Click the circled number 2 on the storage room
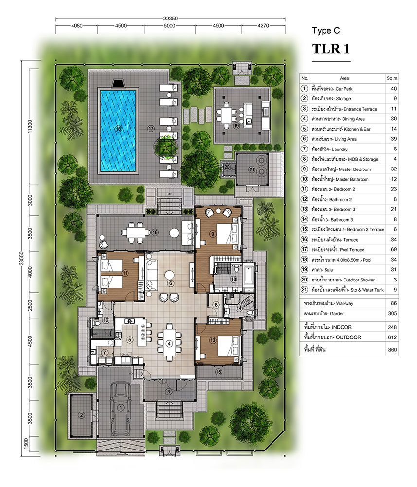click(81, 415)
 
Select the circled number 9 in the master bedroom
click(213, 234)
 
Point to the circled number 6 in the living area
click(170, 283)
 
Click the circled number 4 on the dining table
click(169, 343)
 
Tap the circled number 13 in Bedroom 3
click(213, 340)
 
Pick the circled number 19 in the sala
click(236, 126)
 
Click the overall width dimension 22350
click(170, 19)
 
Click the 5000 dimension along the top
click(169, 26)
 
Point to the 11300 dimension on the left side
click(30, 126)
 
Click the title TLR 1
click(331, 49)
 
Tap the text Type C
click(326, 30)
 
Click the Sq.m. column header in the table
click(392, 78)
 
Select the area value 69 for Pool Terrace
click(394, 249)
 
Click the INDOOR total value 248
click(392, 327)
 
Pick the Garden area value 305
click(392, 313)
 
